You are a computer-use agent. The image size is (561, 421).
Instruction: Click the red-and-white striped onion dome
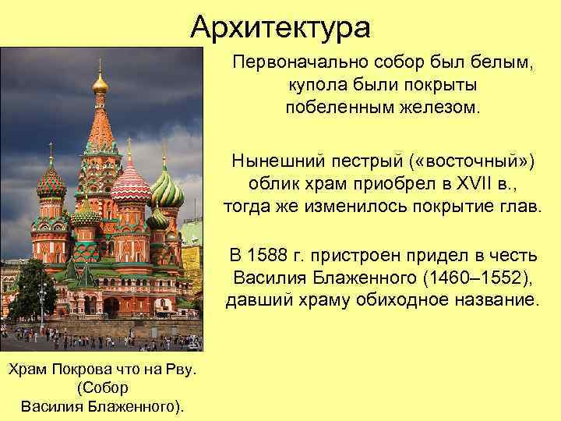131,186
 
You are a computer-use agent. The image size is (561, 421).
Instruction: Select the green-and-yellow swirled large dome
166,189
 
